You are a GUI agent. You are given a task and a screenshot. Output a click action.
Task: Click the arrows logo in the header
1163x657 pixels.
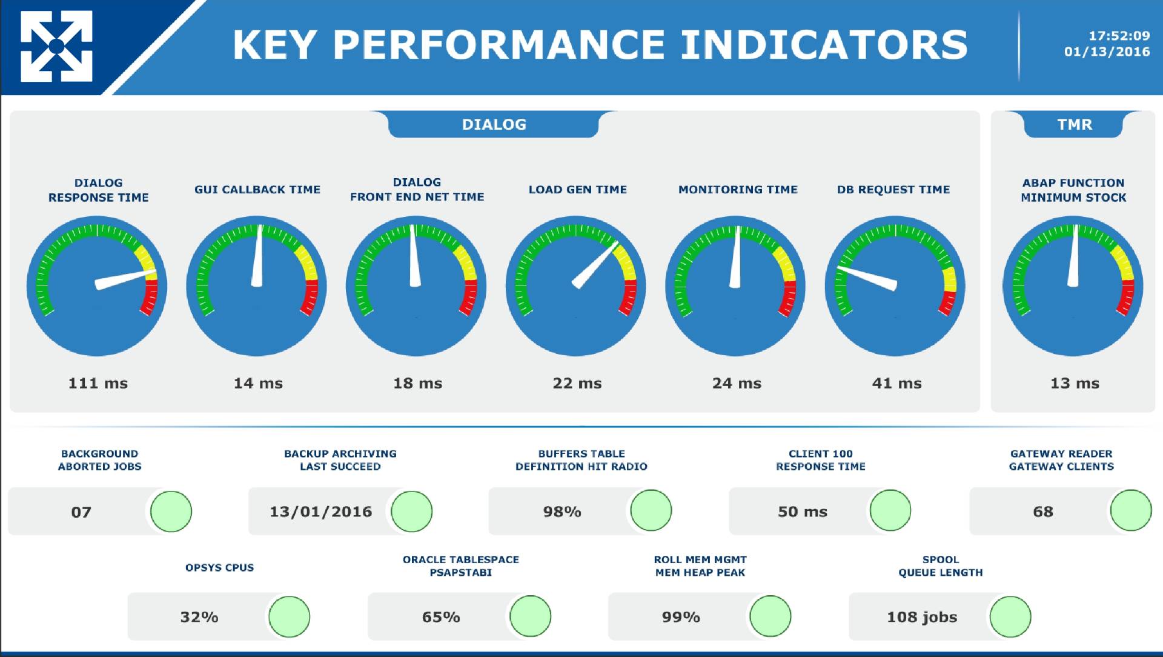[56, 46]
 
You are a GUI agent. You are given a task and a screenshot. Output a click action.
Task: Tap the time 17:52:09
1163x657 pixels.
[1119, 36]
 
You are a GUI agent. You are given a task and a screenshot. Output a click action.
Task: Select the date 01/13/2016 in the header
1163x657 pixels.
[1107, 52]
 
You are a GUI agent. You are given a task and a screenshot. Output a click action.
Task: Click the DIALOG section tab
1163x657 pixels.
[494, 124]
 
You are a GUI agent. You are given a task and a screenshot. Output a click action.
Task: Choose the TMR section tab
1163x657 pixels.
[1074, 124]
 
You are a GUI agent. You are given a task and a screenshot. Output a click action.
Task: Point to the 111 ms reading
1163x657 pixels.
[98, 383]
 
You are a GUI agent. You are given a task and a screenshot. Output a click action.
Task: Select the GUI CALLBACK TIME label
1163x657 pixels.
[257, 190]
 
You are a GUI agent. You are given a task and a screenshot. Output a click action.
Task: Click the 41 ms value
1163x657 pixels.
[896, 383]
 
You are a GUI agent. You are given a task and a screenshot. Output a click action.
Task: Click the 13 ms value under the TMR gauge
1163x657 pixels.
[1075, 383]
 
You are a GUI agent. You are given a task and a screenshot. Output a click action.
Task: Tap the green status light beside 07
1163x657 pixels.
[171, 512]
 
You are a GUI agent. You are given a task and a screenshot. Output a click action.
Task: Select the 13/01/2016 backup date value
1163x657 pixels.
[321, 512]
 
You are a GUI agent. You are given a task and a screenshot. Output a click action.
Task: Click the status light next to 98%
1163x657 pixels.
[651, 510]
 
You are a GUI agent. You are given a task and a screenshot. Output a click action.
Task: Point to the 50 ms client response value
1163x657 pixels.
[803, 512]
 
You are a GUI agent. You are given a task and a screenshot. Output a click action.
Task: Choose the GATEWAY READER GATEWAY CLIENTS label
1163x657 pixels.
[1061, 460]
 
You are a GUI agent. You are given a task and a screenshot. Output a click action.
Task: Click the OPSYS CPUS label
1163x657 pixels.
[219, 568]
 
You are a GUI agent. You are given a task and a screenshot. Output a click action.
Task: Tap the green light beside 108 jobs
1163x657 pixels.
[1010, 617]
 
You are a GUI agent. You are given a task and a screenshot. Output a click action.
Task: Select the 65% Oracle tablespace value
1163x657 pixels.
[441, 617]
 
